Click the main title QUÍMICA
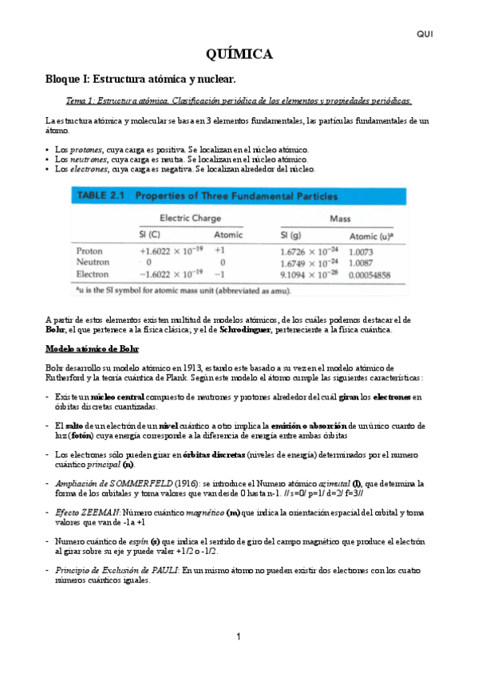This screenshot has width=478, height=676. (x=239, y=54)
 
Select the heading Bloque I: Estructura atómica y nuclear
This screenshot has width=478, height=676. (x=140, y=80)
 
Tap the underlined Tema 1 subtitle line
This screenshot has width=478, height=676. (x=239, y=101)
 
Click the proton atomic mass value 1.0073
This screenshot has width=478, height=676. (x=361, y=251)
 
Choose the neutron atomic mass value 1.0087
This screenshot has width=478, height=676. (x=361, y=262)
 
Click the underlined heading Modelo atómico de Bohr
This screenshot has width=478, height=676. (x=92, y=348)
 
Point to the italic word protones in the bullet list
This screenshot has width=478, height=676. (x=85, y=149)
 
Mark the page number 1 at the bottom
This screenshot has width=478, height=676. (x=238, y=636)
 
